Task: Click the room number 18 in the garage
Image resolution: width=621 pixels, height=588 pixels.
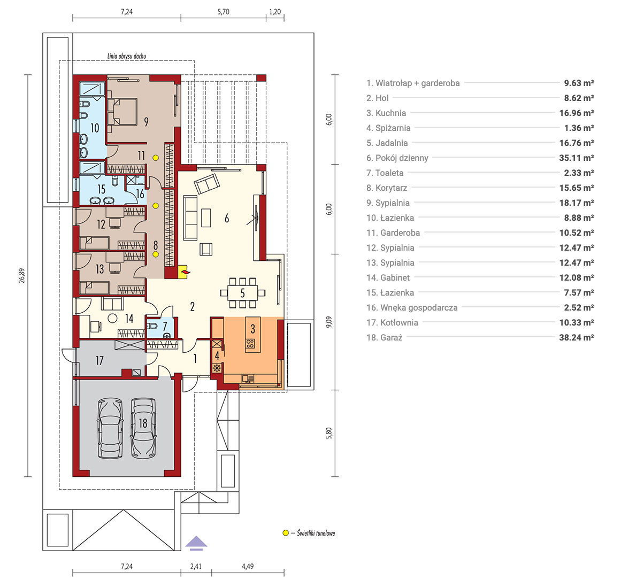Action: click(143, 423)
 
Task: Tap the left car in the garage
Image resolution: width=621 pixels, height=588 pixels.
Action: click(110, 428)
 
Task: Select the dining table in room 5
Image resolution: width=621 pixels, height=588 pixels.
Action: click(242, 293)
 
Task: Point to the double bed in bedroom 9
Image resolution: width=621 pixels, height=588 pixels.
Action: click(122, 112)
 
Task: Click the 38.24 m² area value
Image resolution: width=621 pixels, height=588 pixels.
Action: click(576, 337)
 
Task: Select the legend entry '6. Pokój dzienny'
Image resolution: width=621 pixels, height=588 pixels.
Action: click(397, 158)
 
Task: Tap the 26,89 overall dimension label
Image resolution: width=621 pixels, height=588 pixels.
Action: click(21, 275)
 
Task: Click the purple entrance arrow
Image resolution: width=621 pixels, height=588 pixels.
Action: click(196, 543)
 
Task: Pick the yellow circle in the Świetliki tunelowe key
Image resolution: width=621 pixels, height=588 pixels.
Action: click(285, 533)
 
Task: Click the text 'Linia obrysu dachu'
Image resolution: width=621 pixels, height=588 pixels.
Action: click(127, 56)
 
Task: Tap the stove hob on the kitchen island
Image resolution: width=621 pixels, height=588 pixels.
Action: click(250, 344)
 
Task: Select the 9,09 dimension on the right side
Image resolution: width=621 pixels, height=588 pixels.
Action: click(329, 322)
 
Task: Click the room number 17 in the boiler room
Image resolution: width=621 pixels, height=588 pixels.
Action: click(99, 360)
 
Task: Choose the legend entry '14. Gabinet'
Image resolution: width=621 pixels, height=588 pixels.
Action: click(388, 278)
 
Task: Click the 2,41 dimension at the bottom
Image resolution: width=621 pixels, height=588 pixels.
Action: click(196, 566)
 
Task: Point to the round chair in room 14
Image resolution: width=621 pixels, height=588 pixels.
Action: click(113, 318)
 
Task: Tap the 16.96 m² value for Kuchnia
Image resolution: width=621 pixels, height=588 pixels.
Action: click(576, 113)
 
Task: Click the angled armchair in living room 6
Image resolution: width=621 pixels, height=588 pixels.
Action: click(206, 183)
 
